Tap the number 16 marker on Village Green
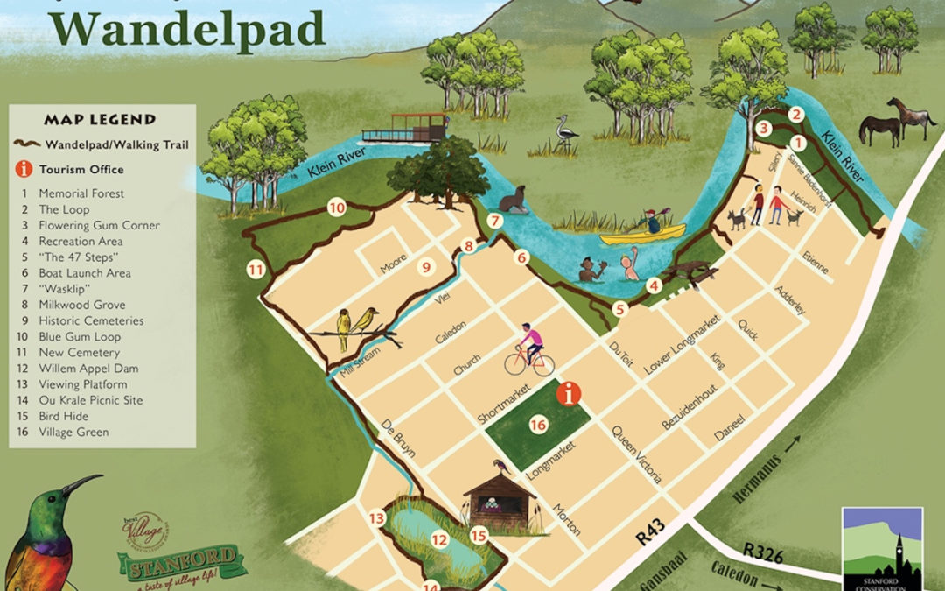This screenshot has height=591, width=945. pos(539,425)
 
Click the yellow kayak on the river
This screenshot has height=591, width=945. pos(642,234)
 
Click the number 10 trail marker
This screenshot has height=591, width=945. pos(336,208)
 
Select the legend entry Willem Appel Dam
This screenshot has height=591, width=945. pos(88,369)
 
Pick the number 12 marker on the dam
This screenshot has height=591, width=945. pos(439,539)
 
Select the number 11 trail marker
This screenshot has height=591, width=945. pos(255,270)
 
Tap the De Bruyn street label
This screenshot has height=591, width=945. pos(398,439)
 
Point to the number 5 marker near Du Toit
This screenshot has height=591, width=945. pos(620,308)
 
